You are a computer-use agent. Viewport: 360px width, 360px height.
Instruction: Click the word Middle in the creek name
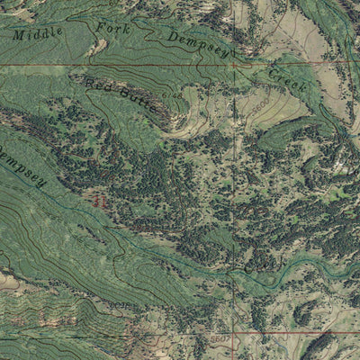tap(37, 33)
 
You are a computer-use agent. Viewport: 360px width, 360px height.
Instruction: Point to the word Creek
tap(287, 78)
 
